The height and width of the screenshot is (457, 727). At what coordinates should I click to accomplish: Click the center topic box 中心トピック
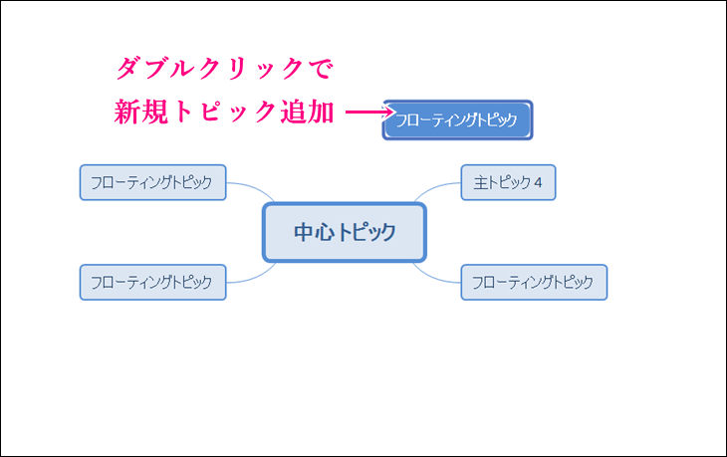point(345,232)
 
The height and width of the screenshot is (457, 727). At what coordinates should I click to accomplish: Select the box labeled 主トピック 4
point(508,182)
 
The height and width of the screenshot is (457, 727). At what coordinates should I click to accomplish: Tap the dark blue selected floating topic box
point(458,120)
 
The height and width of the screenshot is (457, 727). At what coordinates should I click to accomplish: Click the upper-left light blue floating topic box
point(153,182)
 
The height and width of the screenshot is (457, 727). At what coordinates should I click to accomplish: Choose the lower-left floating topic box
point(153,283)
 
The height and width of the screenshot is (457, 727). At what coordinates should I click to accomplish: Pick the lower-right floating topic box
point(534,283)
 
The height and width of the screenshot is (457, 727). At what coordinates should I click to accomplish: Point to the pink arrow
point(369,113)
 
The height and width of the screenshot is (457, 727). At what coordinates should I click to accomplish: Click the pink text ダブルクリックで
point(224,69)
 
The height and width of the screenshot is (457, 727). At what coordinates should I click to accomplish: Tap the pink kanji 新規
point(141,112)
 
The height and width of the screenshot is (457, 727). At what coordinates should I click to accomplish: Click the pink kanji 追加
point(307,112)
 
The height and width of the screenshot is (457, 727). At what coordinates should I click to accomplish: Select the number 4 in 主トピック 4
point(538,182)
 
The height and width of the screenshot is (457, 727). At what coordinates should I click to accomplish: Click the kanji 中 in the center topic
point(304,232)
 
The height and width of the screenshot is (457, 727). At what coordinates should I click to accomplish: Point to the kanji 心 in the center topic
point(325,232)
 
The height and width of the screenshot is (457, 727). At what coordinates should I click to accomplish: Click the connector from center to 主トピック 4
point(434,188)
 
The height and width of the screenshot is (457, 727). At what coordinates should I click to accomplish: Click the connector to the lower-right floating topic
point(433,277)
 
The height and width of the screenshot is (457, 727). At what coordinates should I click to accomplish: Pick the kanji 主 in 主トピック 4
point(481,182)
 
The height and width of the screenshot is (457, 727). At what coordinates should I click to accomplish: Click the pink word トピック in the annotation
point(224,113)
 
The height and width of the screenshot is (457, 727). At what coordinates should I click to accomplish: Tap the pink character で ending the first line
point(321,69)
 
